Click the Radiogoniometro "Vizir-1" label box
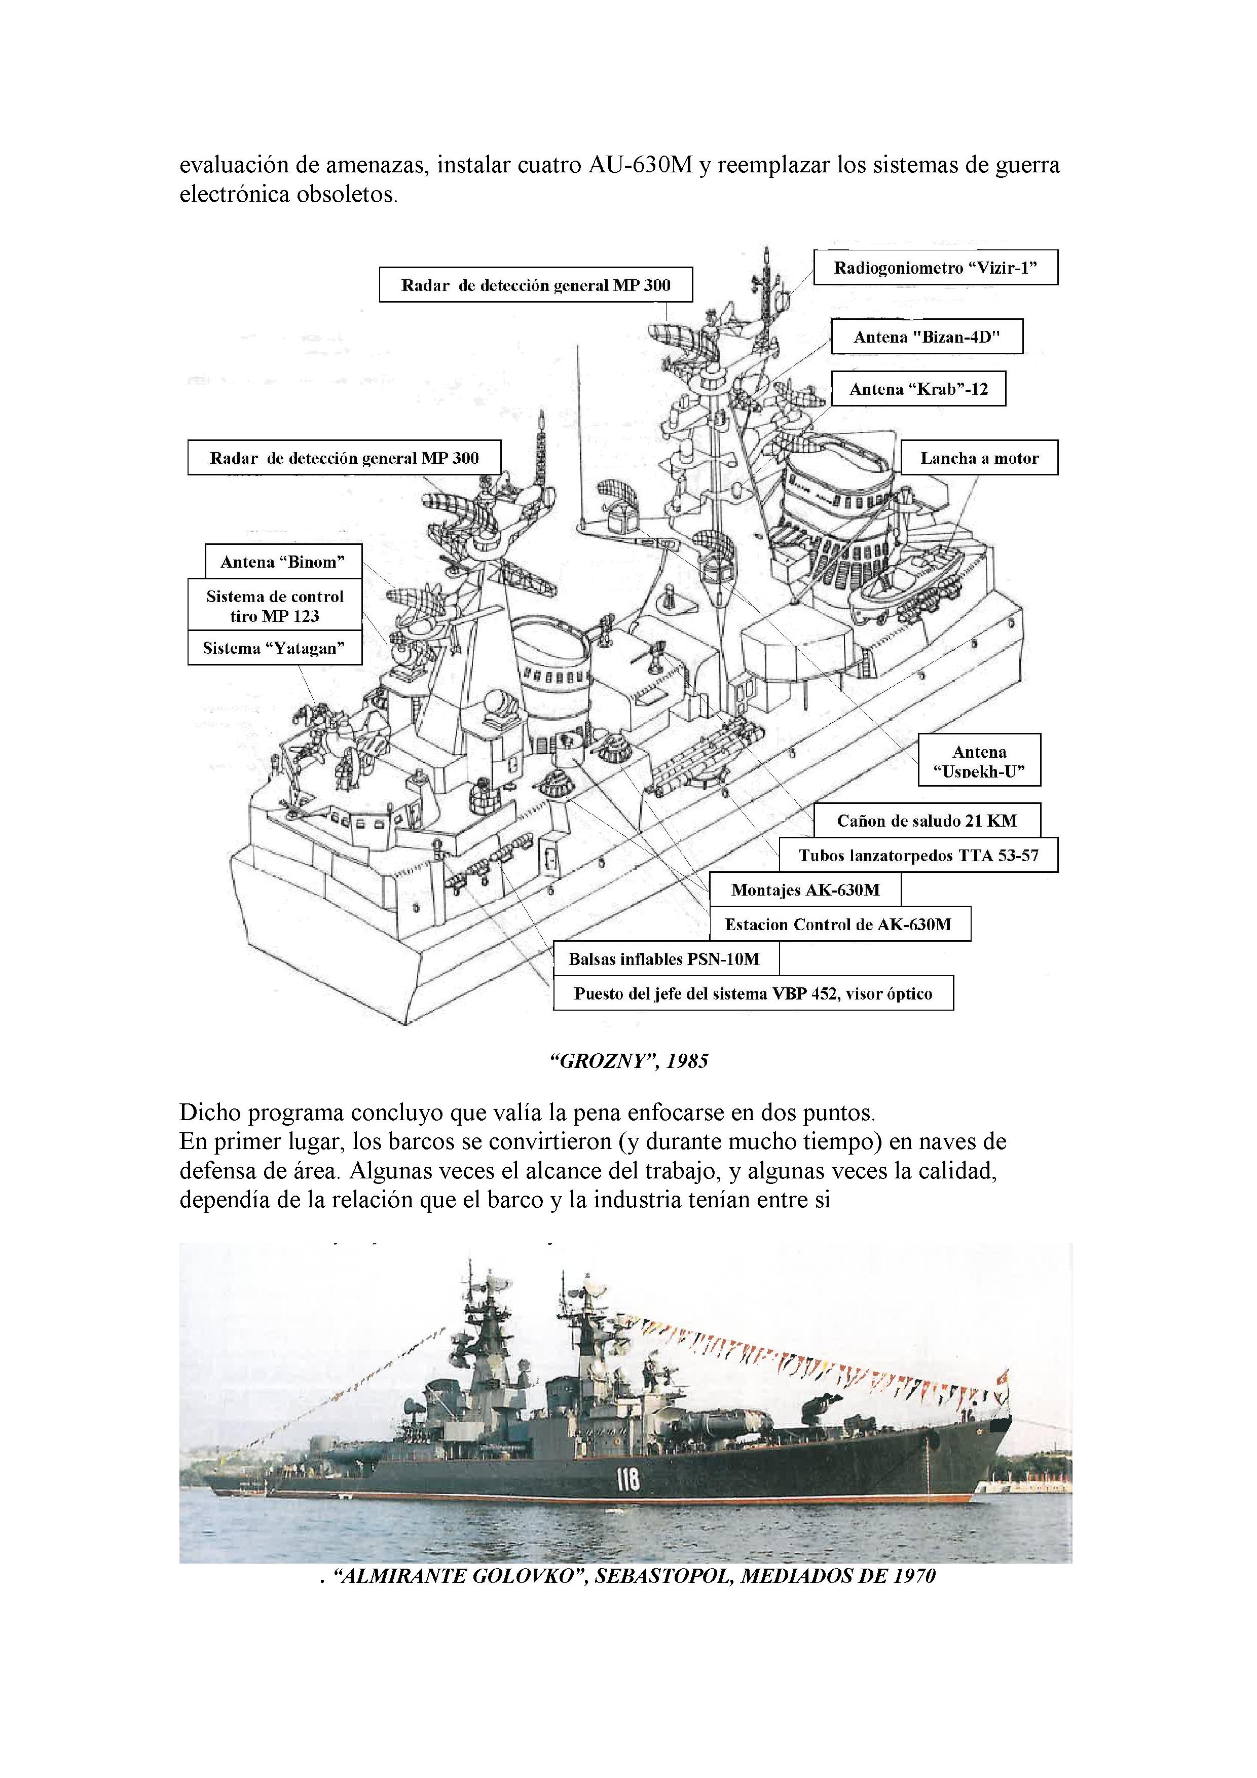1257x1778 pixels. [x=935, y=268]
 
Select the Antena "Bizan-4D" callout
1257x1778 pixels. [x=927, y=337]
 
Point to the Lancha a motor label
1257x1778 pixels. [x=979, y=458]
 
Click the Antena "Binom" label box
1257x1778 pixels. [x=283, y=562]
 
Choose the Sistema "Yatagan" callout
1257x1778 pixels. [x=274, y=648]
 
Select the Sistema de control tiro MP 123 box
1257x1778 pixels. [x=274, y=606]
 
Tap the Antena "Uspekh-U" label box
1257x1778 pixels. [x=979, y=760]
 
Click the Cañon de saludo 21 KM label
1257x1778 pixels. [x=927, y=821]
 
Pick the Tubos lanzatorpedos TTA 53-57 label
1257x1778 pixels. [x=918, y=856]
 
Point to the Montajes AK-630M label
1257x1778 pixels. [x=805, y=890]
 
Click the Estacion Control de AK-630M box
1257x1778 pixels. [x=839, y=924]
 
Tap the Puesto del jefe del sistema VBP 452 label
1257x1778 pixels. [x=753, y=993]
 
